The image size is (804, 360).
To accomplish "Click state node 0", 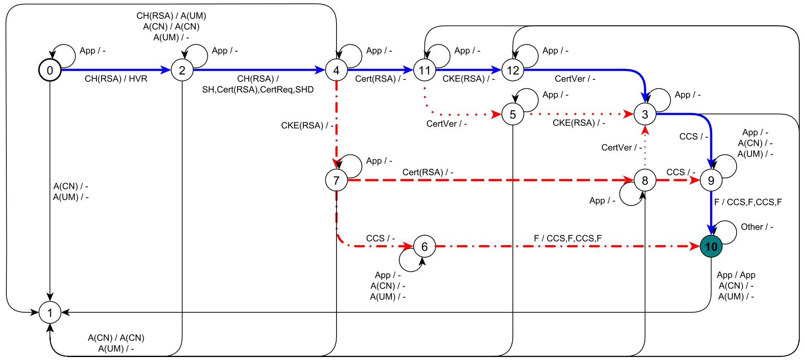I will [50, 70].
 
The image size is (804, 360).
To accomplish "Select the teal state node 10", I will [711, 247].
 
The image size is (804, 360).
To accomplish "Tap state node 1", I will [50, 313].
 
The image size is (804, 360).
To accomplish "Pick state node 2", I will [182, 70].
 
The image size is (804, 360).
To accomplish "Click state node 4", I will [336, 70].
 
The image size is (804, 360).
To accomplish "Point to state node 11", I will [424, 70].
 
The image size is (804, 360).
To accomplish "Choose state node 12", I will [513, 70].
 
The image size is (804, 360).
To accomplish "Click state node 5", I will [513, 114].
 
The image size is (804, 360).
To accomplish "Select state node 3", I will [645, 114].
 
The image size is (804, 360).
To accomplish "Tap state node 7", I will [336, 180].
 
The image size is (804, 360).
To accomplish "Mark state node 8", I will [645, 180].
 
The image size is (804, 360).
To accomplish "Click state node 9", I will [711, 180].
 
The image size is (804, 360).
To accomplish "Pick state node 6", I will [424, 247].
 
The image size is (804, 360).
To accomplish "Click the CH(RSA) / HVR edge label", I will [116, 79].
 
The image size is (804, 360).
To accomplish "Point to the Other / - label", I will [757, 227].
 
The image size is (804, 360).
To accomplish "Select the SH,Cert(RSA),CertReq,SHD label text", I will [258, 90].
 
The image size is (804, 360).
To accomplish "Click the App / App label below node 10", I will [736, 275].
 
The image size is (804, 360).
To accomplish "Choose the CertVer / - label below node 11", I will [447, 124].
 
